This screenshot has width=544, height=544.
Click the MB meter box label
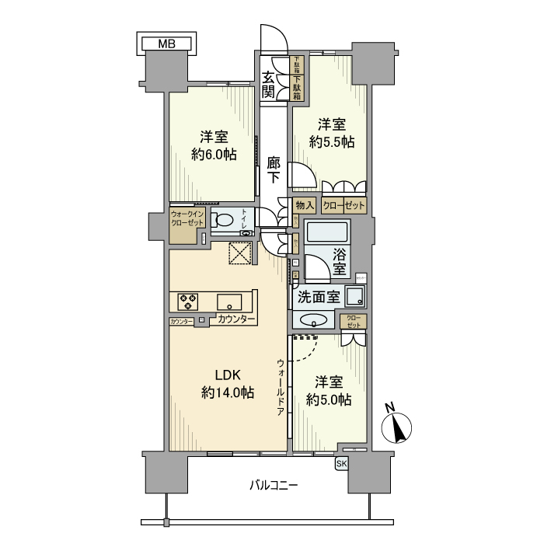click(167, 43)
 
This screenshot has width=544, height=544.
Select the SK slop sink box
click(341, 464)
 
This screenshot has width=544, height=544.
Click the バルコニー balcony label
click(274, 485)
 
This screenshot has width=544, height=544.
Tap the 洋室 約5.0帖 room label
click(328, 391)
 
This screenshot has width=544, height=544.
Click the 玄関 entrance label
click(268, 85)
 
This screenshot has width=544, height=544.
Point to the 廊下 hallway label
click(274, 169)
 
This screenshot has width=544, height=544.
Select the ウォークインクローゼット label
click(187, 218)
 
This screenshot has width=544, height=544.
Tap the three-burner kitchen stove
click(188, 301)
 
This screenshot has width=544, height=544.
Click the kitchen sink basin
click(230, 302)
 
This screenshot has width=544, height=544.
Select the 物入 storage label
click(305, 206)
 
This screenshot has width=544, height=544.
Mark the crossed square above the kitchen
click(239, 253)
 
